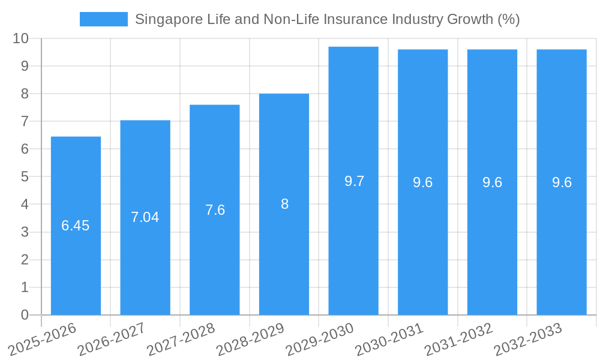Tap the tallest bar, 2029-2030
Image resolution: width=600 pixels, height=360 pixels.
coord(353,240)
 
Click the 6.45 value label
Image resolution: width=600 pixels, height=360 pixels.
coord(76,226)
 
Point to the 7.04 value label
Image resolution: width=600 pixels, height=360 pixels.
coord(145,217)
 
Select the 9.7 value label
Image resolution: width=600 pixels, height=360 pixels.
coord(354,181)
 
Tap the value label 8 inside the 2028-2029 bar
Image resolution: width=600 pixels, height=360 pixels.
coord(284,204)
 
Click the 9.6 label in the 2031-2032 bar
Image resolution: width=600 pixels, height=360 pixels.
coord(492,183)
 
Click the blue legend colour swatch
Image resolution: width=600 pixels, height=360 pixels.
coord(104,19)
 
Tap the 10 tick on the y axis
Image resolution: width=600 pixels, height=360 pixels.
coord(21,38)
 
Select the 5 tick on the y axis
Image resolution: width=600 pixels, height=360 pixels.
coord(25,177)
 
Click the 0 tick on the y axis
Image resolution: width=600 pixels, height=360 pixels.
coord(25,315)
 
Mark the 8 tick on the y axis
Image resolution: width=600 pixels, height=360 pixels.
coord(25,94)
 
